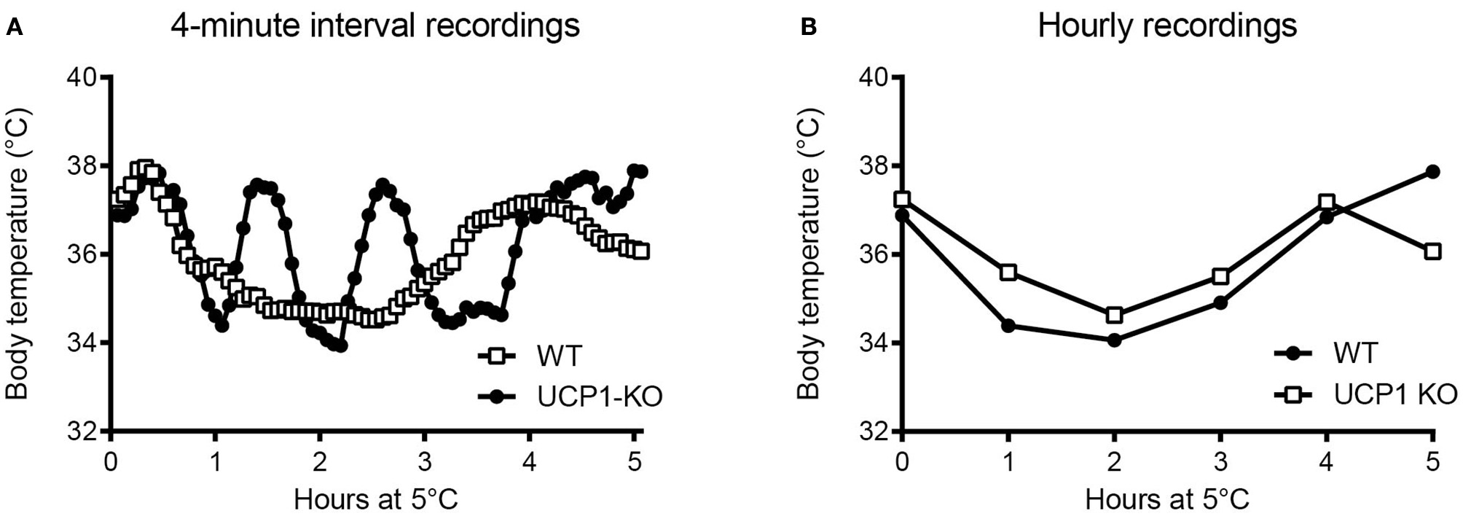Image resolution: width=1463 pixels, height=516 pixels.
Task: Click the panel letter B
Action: (808, 28)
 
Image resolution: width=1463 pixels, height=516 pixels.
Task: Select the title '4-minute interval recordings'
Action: (375, 26)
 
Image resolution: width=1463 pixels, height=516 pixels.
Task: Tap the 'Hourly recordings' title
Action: (1167, 26)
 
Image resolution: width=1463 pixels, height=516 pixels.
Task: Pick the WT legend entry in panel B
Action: (1356, 353)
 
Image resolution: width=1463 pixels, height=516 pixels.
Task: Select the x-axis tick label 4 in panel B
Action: (1327, 464)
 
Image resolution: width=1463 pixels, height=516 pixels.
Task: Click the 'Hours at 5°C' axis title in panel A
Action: (375, 499)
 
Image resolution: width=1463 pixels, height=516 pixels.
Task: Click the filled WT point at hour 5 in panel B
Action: (1432, 172)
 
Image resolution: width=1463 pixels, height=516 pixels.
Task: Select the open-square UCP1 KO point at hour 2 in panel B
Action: (1114, 315)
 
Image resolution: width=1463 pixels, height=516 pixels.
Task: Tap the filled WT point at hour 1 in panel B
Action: (1008, 326)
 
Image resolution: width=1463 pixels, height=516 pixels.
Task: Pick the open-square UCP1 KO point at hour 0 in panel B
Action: (903, 200)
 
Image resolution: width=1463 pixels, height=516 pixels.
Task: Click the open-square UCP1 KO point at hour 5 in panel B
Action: (1432, 251)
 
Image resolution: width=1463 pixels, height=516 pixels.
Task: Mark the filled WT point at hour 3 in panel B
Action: (1220, 302)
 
